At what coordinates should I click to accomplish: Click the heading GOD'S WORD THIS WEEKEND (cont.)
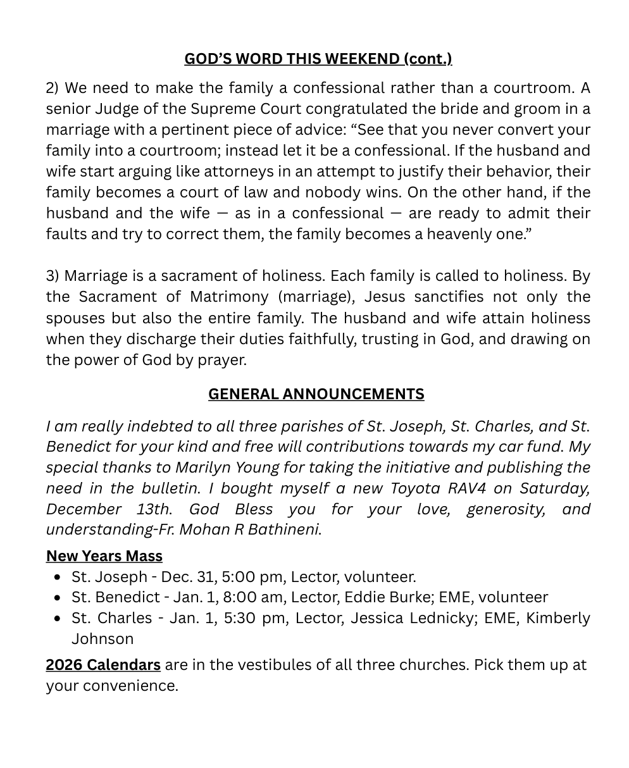click(318, 59)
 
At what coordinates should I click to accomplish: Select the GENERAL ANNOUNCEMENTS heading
click(316, 394)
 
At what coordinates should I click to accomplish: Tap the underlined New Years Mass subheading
click(104, 556)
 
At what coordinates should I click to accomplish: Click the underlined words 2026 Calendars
click(103, 665)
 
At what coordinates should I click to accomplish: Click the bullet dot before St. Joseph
click(58, 577)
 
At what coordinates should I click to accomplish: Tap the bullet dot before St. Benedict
click(58, 598)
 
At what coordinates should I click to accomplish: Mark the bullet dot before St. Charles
click(58, 619)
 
